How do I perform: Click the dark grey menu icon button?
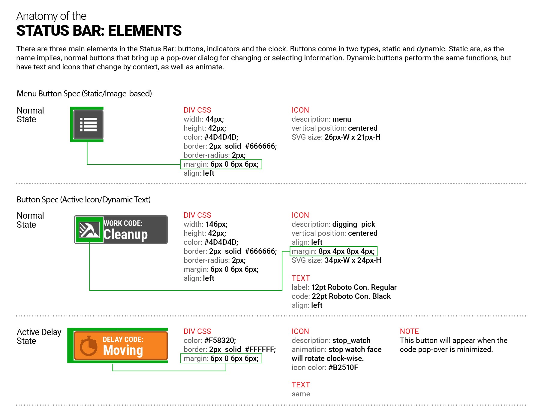point(88,124)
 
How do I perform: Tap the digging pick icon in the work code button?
point(89,230)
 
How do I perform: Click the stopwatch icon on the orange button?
point(88,346)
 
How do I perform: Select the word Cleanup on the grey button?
point(125,234)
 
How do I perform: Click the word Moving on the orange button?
point(123,350)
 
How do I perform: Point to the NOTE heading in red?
point(409,331)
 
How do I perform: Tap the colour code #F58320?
point(220,340)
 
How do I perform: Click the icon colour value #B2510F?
point(343,367)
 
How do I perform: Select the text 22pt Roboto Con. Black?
point(351,296)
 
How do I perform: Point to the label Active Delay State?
point(39,336)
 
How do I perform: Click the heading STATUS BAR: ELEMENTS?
point(99,31)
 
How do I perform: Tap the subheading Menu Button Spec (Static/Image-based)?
point(84,94)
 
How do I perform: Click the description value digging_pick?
point(353,224)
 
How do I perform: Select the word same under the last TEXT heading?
point(301,394)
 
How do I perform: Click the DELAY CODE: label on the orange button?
point(123,339)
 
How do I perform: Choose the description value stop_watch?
point(351,340)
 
